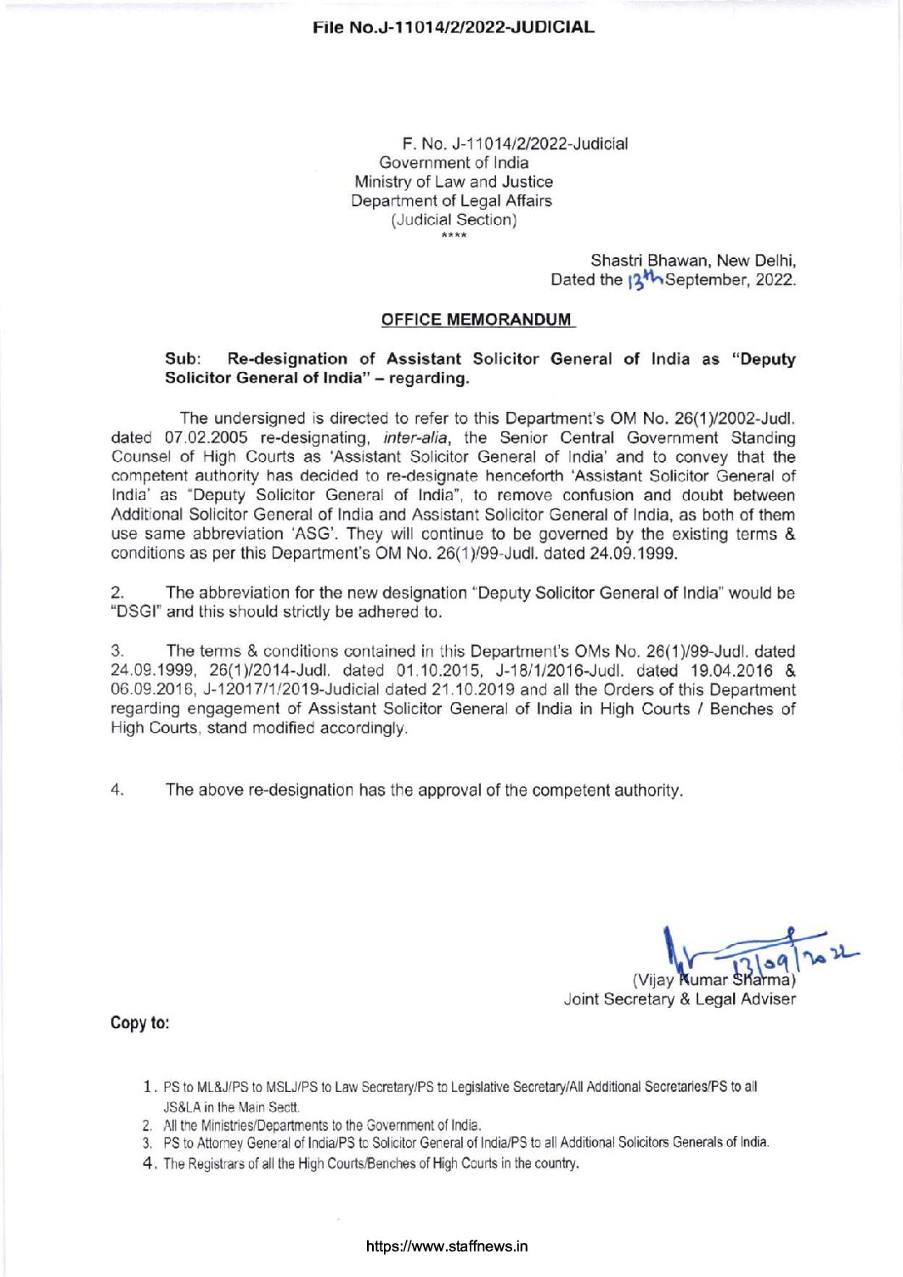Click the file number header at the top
[453, 27]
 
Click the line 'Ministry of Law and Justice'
[453, 182]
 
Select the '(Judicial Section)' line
[454, 220]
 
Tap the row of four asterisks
[454, 235]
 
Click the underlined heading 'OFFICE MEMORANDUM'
[477, 320]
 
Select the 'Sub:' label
[182, 359]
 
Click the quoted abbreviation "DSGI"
[136, 612]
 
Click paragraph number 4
[118, 790]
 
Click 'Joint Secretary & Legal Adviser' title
[680, 999]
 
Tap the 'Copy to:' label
[140, 1023]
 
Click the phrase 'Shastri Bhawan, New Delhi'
[692, 261]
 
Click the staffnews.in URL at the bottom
[447, 1246]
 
